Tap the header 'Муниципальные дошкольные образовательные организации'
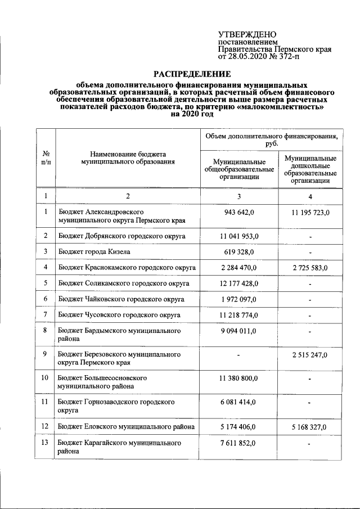[x=310, y=170]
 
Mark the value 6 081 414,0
[x=239, y=402]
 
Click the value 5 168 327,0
[x=310, y=427]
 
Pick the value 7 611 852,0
[x=239, y=444]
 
